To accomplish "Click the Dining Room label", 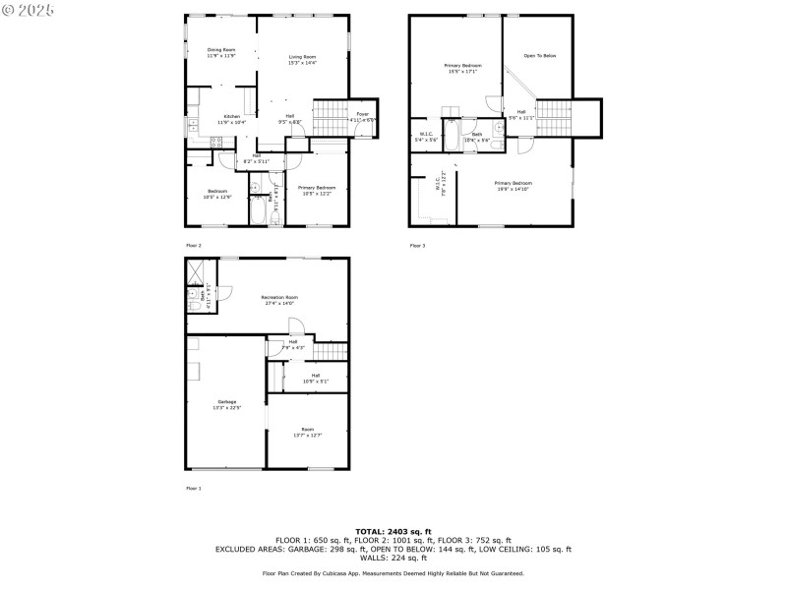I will (x=220, y=52).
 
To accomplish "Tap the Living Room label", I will (x=302, y=60).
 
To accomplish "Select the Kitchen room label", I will (x=231, y=119).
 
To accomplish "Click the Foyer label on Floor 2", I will (x=362, y=117).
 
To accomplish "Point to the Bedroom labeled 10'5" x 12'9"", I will (x=216, y=194).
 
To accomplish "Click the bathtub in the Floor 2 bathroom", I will (x=257, y=212).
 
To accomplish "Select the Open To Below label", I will (x=539, y=56).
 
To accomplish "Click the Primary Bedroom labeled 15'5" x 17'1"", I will (x=462, y=68).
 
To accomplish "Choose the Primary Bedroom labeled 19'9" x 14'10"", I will (x=513, y=186).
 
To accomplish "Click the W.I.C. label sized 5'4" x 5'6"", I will (x=426, y=137).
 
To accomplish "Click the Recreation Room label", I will (x=279, y=300).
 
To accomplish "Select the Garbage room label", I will (x=227, y=404).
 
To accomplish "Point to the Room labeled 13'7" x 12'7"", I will (x=307, y=432).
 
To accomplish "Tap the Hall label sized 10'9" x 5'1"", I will (x=315, y=378).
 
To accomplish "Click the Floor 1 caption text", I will (x=193, y=488).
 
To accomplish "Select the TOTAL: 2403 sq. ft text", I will (x=393, y=531).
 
